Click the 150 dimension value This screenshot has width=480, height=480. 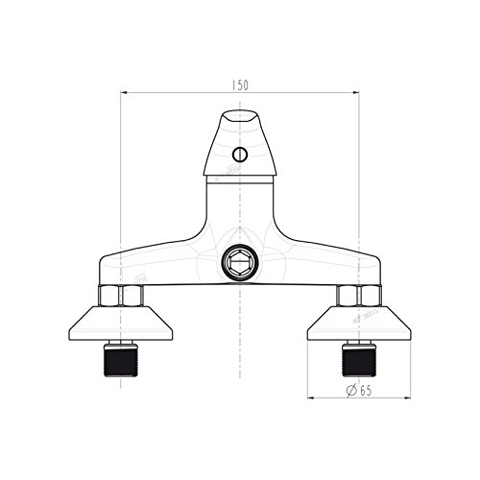click(x=240, y=85)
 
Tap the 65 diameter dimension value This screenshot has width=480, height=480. click(x=366, y=391)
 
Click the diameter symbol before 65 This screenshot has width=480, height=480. click(x=351, y=391)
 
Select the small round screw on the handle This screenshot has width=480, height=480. click(x=240, y=155)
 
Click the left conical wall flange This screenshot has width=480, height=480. click(x=121, y=324)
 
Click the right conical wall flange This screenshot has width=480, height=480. click(x=359, y=324)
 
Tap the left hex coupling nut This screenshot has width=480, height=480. click(x=121, y=296)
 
